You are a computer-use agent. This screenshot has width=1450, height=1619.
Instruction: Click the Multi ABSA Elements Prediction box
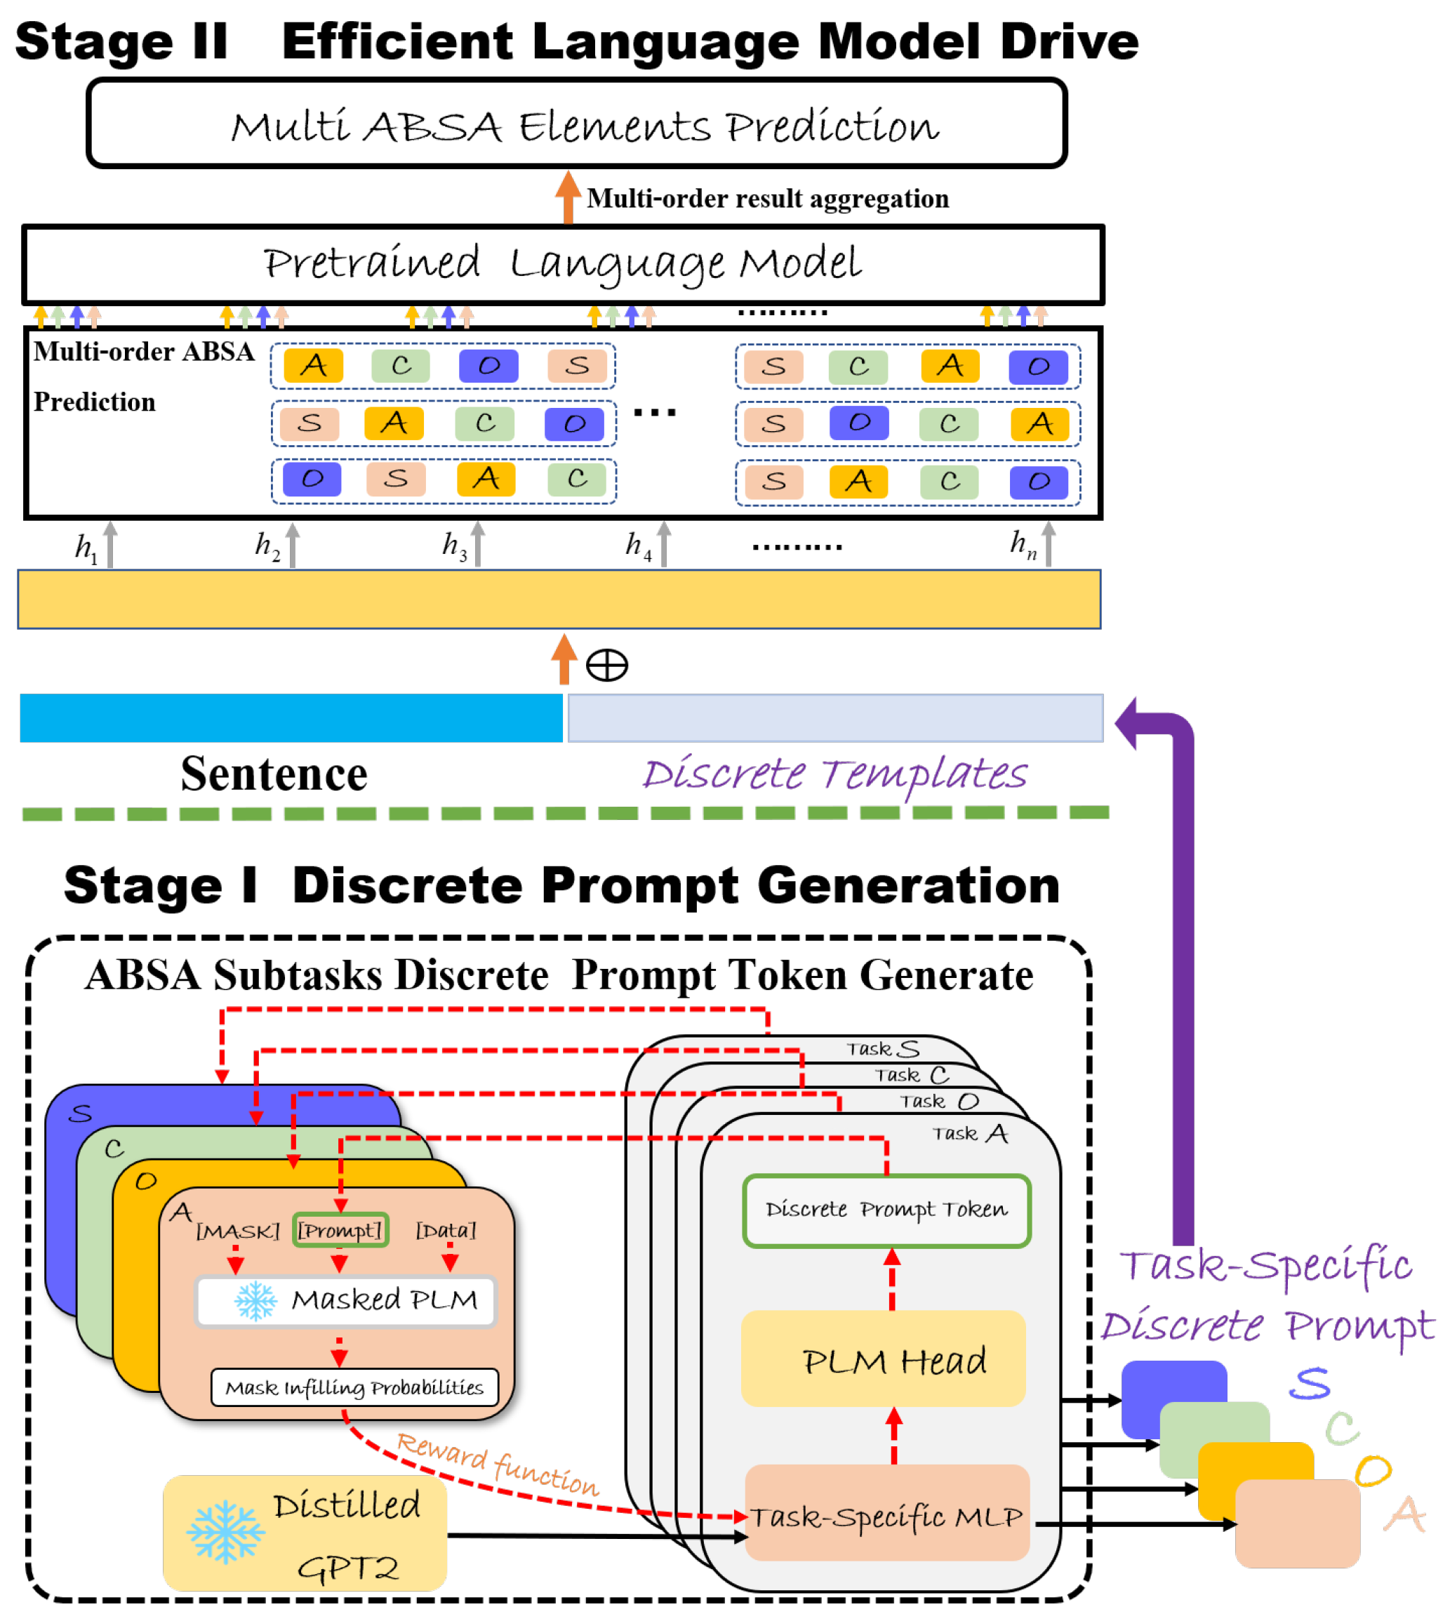tap(576, 124)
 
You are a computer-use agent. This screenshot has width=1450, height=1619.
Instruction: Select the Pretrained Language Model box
tap(562, 264)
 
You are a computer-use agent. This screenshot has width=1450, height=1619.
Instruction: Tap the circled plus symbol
tap(606, 665)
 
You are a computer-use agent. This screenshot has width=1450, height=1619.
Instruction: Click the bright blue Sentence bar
tap(291, 718)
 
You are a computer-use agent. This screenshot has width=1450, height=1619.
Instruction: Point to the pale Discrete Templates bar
tap(834, 718)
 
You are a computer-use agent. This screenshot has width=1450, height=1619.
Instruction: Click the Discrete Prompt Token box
tap(886, 1210)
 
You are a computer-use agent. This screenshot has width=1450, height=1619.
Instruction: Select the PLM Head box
tap(883, 1360)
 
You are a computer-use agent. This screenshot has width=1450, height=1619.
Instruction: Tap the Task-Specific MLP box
tap(886, 1514)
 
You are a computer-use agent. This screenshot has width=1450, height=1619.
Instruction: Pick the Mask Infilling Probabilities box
tap(354, 1388)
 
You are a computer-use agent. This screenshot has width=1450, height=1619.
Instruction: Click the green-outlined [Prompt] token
tap(340, 1230)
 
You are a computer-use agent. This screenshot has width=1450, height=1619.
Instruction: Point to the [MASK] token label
tap(237, 1231)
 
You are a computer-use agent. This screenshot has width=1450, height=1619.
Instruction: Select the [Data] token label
tap(446, 1230)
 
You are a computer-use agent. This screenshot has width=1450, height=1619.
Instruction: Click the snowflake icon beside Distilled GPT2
tap(225, 1531)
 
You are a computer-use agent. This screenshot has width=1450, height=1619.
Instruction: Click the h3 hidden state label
tap(454, 546)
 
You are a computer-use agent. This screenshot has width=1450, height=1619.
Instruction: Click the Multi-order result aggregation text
tap(767, 199)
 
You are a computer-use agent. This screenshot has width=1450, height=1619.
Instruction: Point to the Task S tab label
tap(882, 1048)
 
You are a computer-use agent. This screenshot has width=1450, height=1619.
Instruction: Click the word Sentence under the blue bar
tap(274, 774)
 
